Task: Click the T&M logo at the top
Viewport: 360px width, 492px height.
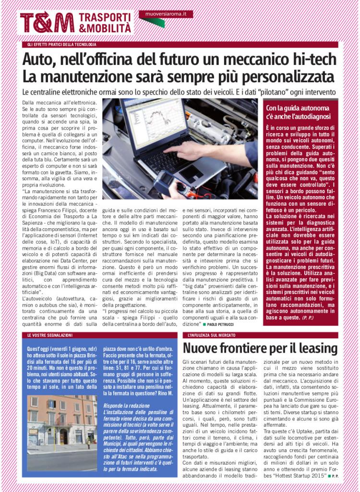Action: click(48, 23)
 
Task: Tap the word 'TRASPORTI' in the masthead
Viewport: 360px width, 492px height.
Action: click(104, 18)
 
